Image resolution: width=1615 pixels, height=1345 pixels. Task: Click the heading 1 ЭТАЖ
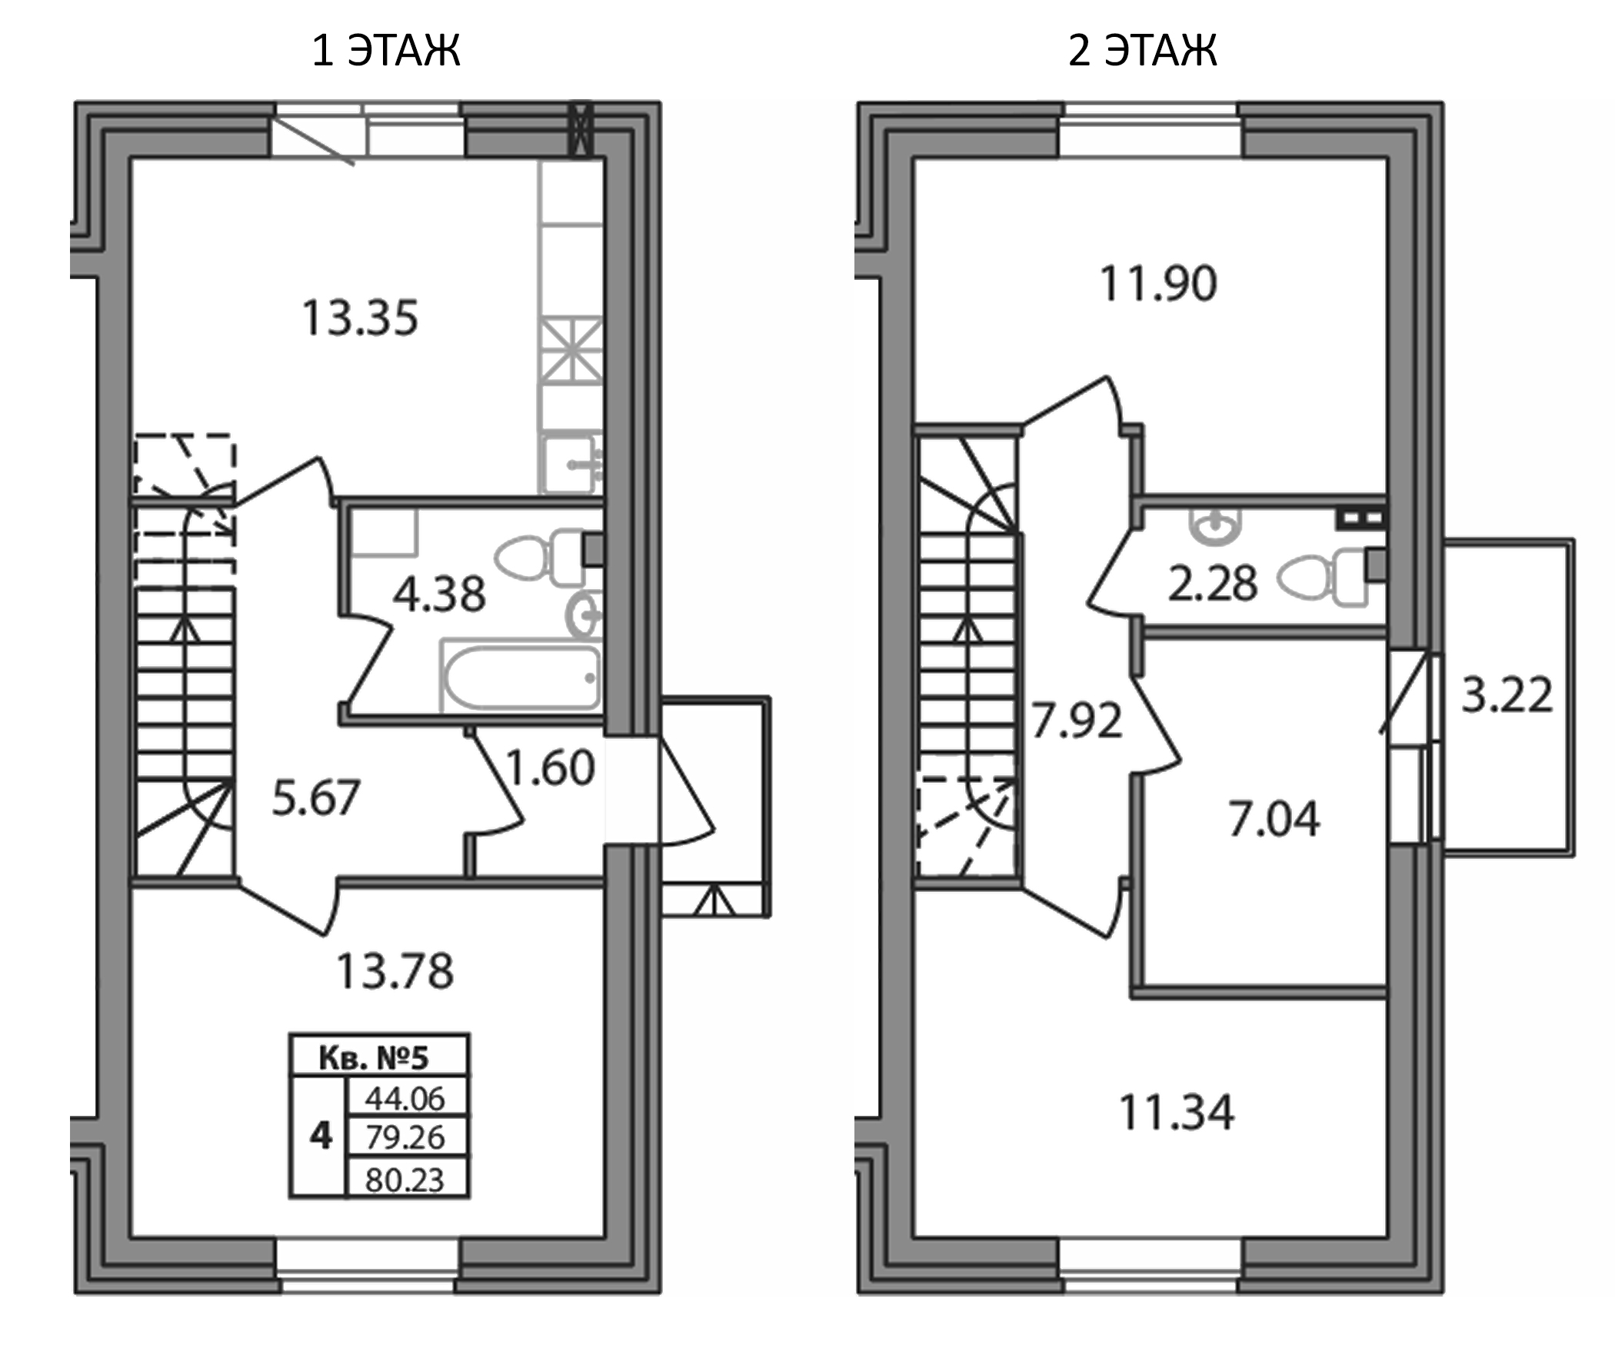[x=386, y=52]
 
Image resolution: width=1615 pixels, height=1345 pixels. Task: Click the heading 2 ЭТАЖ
[x=1142, y=52]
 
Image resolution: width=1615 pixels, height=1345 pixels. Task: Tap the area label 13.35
[x=360, y=318]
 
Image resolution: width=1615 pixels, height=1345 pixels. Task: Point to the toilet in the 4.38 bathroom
[x=538, y=558]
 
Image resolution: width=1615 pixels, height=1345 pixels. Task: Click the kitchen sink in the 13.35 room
[x=570, y=464]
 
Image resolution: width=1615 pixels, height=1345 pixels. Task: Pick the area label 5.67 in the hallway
[x=316, y=797]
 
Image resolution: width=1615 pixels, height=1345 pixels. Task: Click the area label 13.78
[x=395, y=970]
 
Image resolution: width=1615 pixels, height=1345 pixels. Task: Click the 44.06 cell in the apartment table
[x=405, y=1098]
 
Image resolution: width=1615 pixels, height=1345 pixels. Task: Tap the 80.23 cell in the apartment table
[x=405, y=1180]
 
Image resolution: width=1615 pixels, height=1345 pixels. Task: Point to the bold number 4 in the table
[x=320, y=1136]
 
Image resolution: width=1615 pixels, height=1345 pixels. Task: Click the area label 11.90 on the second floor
[x=1158, y=284]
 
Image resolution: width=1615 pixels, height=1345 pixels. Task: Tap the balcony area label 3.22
[x=1507, y=695]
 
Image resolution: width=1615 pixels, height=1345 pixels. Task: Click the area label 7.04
[x=1274, y=818]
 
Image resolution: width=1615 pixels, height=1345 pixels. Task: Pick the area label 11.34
[x=1177, y=1112]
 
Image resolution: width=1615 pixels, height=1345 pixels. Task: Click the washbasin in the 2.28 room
[x=1214, y=527]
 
